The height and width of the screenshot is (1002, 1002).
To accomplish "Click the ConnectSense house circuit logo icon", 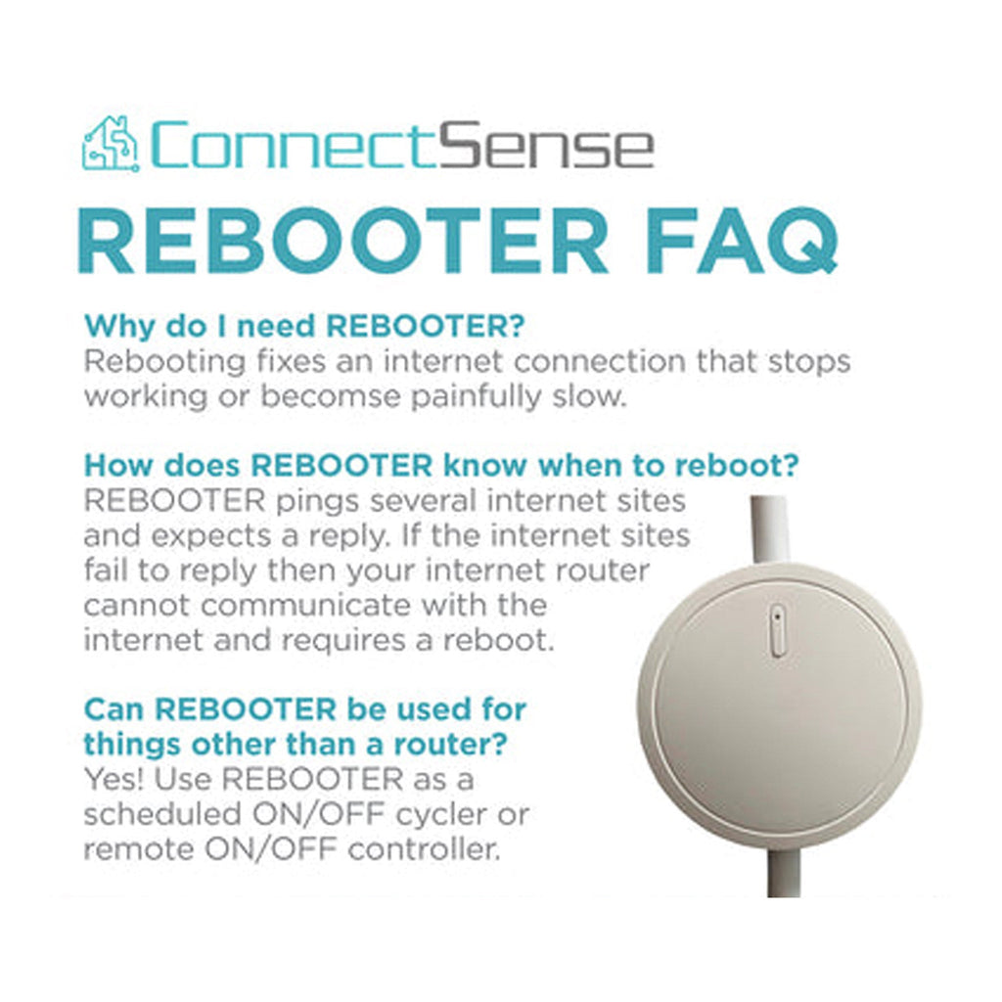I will click(110, 144).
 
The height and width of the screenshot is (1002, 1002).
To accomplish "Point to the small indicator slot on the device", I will click(776, 630).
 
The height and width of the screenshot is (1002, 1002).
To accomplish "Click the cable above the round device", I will click(769, 529).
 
